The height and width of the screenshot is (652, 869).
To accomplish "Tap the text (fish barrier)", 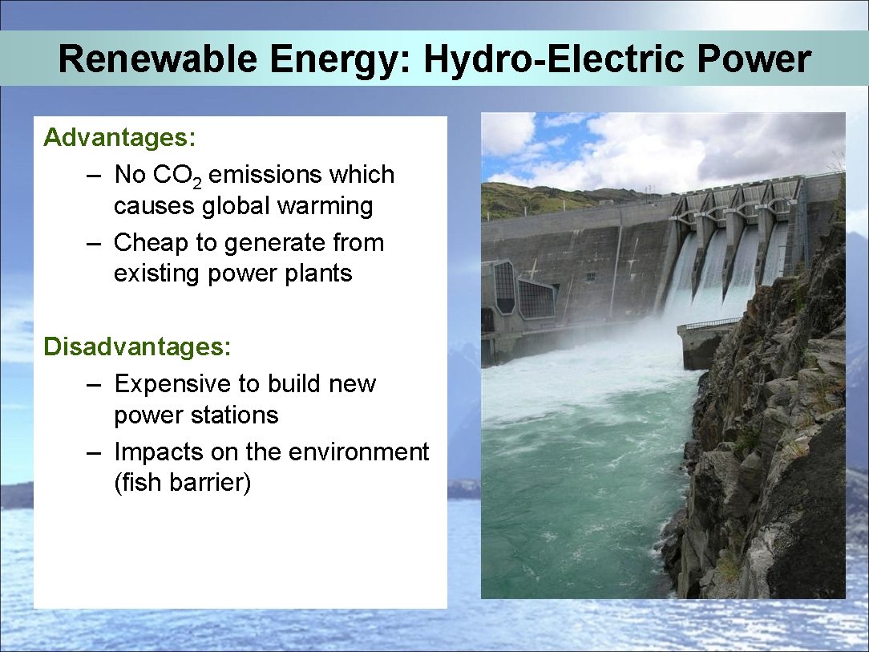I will (x=182, y=484).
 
